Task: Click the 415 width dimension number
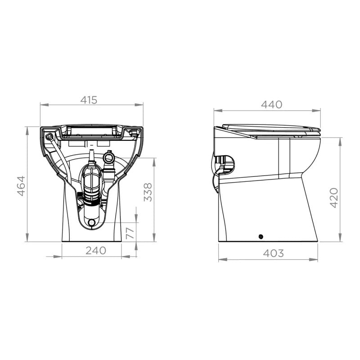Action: coord(89,100)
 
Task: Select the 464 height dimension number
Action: coord(21,185)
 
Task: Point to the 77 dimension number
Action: coord(130,232)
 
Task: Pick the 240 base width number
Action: coord(96,251)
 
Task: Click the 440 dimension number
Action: coord(272,104)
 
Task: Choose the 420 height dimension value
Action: coord(333,198)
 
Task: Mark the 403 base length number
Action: coord(274,253)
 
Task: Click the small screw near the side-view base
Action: coord(260,237)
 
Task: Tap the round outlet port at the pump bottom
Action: coord(92,222)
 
